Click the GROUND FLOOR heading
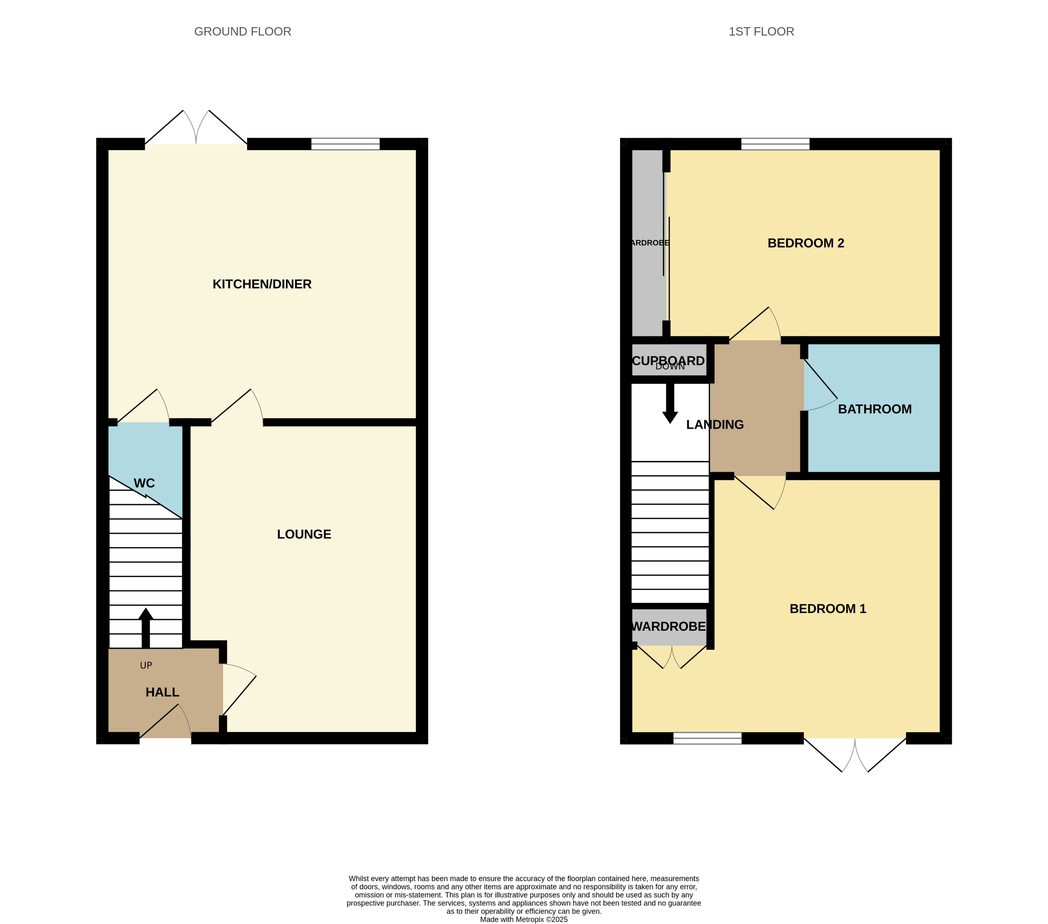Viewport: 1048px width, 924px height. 242,32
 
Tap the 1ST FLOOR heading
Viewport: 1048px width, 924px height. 761,32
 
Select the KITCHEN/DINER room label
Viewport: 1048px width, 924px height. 262,284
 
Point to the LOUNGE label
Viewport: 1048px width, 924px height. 304,534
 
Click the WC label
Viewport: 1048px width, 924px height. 144,483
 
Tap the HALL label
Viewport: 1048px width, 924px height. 162,692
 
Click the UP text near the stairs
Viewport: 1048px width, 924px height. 146,665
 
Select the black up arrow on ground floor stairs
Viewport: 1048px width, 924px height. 146,628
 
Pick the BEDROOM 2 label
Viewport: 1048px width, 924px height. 806,243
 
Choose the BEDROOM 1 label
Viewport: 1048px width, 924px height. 828,609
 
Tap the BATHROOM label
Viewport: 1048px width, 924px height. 875,409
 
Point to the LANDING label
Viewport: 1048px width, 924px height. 715,425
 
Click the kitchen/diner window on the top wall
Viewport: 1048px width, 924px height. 345,144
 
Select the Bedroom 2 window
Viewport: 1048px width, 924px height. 775,144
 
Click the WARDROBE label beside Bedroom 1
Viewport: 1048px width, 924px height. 668,627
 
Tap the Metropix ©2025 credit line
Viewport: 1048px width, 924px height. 524,919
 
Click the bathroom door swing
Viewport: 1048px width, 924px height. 820,390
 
